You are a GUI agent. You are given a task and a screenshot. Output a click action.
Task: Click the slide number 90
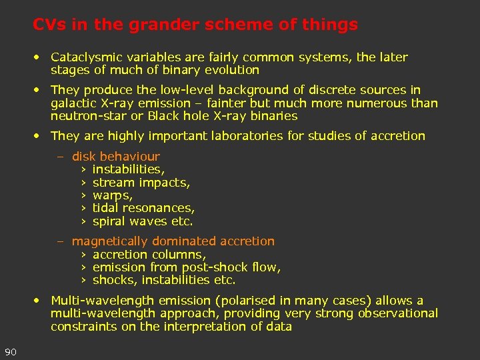10,352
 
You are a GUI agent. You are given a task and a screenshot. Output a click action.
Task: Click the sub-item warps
112,196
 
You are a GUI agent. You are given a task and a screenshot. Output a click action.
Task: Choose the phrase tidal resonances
143,209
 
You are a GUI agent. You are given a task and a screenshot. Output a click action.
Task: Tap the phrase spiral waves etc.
142,221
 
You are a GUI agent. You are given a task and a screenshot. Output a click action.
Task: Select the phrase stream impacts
141,183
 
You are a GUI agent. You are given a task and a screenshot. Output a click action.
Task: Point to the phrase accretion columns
149,255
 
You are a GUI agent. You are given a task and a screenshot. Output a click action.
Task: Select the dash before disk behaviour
60,157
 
